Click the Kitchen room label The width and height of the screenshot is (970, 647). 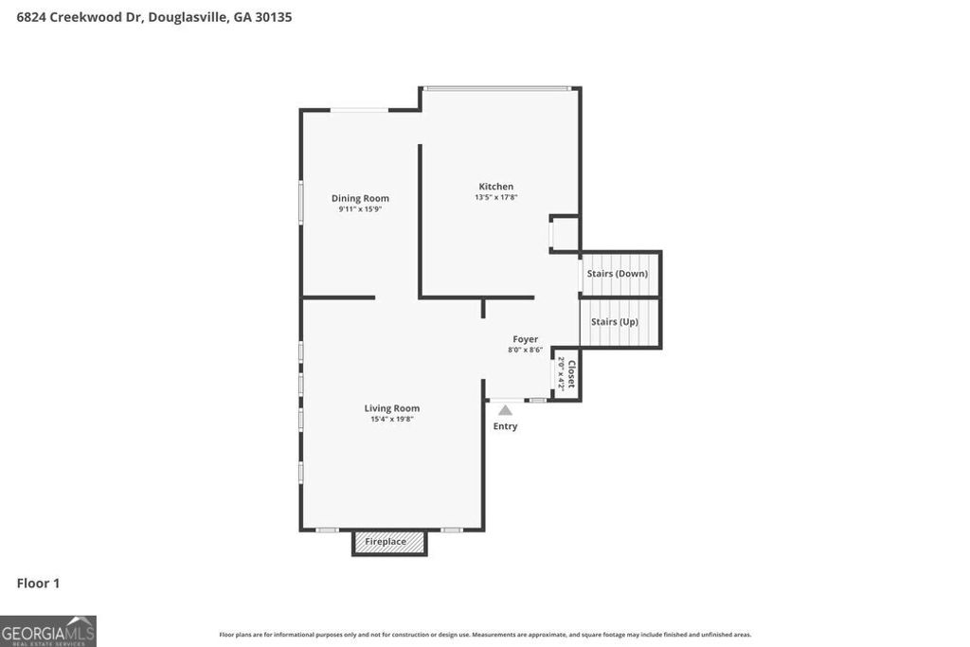tap(495, 187)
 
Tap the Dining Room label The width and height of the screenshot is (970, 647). tap(360, 198)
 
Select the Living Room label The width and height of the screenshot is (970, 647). tap(391, 408)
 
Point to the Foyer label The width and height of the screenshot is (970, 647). tap(525, 339)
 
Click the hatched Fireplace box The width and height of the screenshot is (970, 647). tap(389, 542)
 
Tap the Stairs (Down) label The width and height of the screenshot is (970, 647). tap(618, 274)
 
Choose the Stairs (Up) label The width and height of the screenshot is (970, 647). tap(615, 322)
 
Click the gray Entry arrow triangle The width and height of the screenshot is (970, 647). tap(506, 410)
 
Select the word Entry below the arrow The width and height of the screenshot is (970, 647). tap(505, 426)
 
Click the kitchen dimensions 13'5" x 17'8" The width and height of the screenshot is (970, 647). tap(495, 198)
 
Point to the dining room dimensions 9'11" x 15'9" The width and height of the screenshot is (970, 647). tap(360, 209)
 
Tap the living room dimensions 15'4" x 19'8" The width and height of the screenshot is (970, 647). tap(391, 419)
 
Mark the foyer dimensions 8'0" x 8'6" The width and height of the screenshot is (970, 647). tap(525, 350)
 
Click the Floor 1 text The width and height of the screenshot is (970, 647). tap(38, 584)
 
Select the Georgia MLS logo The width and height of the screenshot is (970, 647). tap(47, 631)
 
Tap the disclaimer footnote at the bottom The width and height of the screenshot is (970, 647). tap(485, 635)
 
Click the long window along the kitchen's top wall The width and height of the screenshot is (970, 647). tap(497, 88)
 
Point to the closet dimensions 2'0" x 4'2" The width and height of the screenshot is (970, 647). tap(561, 374)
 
